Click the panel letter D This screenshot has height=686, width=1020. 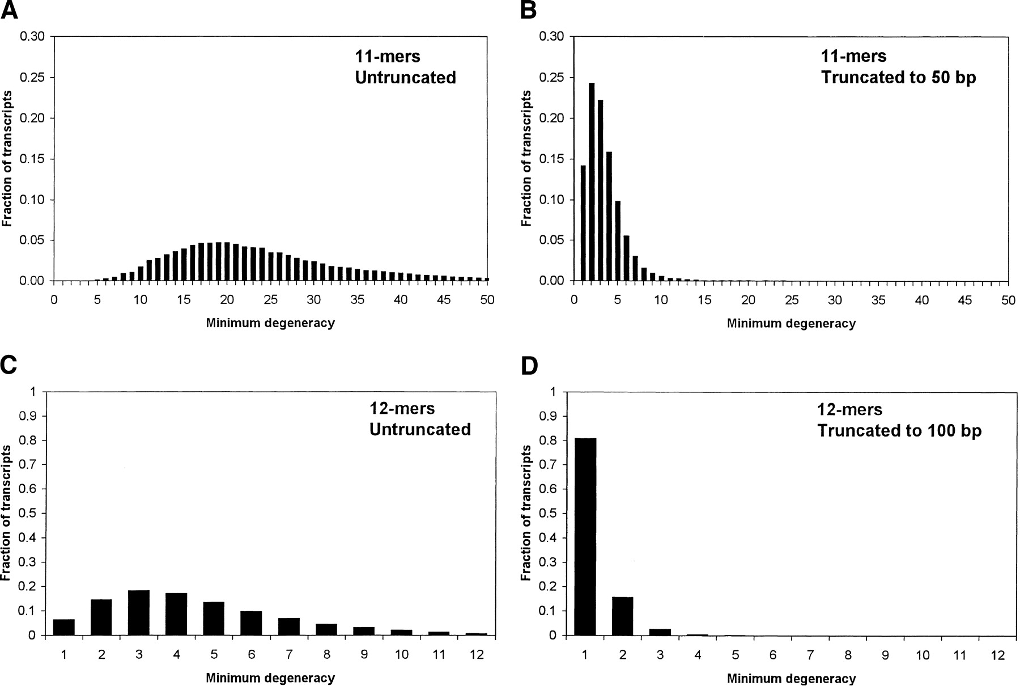tap(529, 366)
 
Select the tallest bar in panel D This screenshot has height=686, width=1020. tap(585, 536)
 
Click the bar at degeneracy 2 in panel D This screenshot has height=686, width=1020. tap(622, 616)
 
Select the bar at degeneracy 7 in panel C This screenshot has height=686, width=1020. tap(289, 626)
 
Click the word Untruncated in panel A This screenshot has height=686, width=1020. tap(405, 77)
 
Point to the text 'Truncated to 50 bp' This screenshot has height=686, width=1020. tap(899, 77)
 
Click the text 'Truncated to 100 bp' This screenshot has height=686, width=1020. tap(899, 431)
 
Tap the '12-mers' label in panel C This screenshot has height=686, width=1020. tap(394, 409)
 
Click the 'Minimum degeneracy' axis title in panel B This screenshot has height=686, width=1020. tap(791, 324)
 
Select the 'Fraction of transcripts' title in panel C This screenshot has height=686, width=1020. tap(7, 513)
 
